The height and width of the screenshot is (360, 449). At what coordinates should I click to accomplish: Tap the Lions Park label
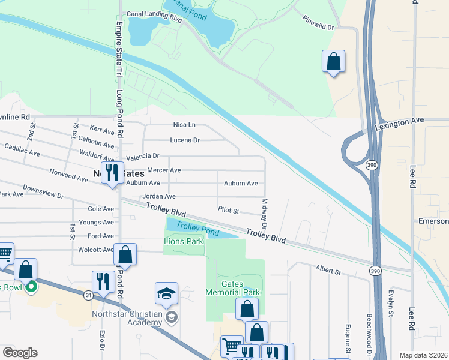click(x=184, y=241)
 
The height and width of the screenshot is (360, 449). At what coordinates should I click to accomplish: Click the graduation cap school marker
click(x=166, y=293)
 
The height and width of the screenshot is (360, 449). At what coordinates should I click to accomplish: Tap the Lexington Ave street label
click(x=399, y=122)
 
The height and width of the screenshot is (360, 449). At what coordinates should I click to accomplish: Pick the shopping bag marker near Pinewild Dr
click(x=334, y=62)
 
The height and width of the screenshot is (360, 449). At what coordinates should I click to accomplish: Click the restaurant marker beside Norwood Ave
click(x=112, y=173)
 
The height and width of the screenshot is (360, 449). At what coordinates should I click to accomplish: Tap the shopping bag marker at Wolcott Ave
click(x=125, y=254)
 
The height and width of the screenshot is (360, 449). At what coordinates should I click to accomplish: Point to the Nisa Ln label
click(x=184, y=125)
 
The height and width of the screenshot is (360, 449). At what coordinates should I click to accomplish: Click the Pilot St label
click(x=229, y=211)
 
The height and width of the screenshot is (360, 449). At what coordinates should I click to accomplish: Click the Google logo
click(x=20, y=353)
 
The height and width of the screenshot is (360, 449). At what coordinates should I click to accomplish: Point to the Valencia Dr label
click(x=142, y=155)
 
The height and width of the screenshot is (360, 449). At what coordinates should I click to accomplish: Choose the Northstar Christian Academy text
click(x=128, y=318)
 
